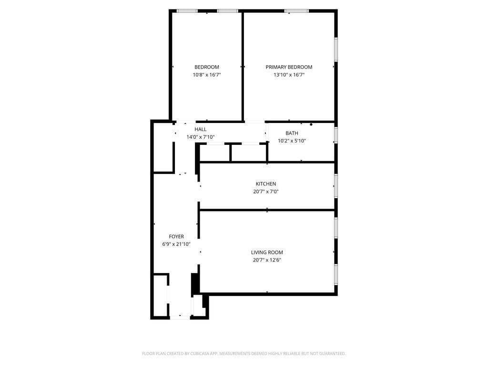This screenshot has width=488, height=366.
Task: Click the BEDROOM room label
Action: click(x=207, y=67)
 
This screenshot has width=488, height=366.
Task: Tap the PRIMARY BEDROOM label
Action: click(x=289, y=67)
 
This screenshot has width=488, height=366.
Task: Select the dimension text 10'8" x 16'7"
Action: click(x=207, y=75)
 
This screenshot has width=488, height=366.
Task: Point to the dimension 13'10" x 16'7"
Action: click(x=289, y=75)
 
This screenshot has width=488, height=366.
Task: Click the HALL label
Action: click(x=201, y=130)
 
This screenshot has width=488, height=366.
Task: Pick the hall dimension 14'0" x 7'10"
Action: click(x=201, y=137)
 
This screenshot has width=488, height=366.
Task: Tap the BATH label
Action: click(x=292, y=133)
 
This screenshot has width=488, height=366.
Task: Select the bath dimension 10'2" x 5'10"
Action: click(x=292, y=141)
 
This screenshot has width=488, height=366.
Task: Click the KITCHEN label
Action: click(x=266, y=184)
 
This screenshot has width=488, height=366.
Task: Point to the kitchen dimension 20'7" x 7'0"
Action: click(x=266, y=192)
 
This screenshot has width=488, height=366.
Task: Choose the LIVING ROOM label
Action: click(x=267, y=253)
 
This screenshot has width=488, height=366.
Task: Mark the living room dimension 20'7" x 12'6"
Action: click(x=267, y=260)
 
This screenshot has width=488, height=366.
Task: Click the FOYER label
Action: click(x=176, y=237)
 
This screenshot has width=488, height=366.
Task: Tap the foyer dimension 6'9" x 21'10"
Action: click(x=176, y=244)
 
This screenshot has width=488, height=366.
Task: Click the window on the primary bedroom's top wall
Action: click(x=296, y=11)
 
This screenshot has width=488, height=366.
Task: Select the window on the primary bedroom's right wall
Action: click(x=336, y=50)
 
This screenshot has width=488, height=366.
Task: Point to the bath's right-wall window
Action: click(x=336, y=135)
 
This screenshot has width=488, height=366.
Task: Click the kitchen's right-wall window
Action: click(x=336, y=186)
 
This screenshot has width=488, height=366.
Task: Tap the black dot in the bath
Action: click(x=311, y=124)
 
